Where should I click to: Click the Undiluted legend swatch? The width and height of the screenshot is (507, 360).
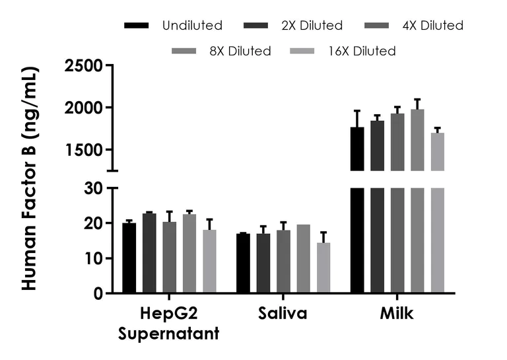coord(136,26)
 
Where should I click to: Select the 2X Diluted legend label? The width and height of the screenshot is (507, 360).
coord(312,26)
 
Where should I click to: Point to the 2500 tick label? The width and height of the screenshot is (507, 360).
coord(84,65)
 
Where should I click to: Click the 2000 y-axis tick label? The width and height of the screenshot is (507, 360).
coord(84,108)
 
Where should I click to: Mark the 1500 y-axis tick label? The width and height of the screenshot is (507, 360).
coord(84,150)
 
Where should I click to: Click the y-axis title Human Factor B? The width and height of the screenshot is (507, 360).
coord(29,178)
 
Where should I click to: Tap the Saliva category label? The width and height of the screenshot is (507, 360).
coord(283,314)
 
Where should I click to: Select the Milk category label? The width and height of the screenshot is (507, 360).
coord(396,314)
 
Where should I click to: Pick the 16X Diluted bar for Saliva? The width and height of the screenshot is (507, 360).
coord(323,268)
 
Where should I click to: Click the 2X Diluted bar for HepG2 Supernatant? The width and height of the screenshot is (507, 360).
coord(149,254)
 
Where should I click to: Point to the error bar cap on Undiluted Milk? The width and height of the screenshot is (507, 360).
coord(357,111)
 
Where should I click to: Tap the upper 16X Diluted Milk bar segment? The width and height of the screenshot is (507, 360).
coord(438,151)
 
